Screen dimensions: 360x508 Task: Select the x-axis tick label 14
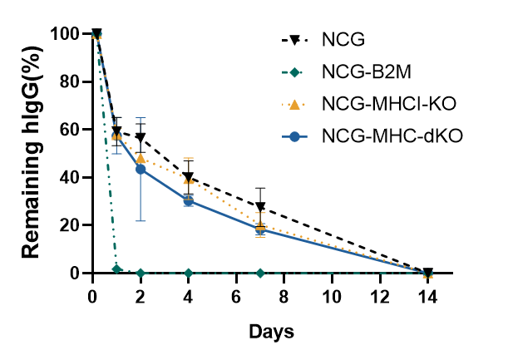[x=427, y=297]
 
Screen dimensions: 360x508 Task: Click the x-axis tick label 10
[x=333, y=297]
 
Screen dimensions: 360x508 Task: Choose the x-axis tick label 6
[x=237, y=297]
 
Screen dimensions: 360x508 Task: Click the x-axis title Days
[x=271, y=332]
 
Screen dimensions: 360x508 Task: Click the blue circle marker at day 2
[x=141, y=169]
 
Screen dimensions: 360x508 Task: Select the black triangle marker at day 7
[x=260, y=207]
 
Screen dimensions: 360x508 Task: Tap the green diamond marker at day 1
[x=117, y=269]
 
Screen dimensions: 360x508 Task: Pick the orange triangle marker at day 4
[x=189, y=180]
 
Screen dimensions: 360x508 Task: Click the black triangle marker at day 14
[x=427, y=273]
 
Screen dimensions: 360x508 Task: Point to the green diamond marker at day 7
[x=260, y=273]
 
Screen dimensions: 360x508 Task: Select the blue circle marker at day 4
[x=189, y=200]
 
